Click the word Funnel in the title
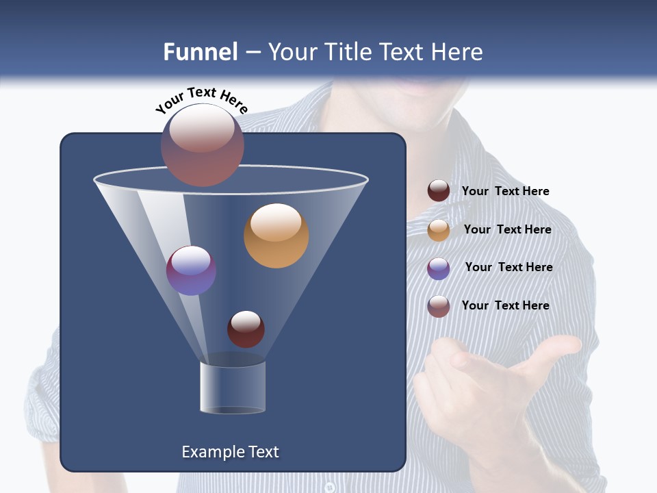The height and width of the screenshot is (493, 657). coord(201,52)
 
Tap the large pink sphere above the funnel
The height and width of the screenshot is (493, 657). coord(202,145)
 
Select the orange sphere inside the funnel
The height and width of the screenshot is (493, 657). coord(276,236)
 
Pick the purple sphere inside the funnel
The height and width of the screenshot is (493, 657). coord(191,270)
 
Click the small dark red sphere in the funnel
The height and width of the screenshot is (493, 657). coord(246,329)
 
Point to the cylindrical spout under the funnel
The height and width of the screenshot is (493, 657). coord(233,388)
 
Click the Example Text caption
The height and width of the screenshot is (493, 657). coord(230,452)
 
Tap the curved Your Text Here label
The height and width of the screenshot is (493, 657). coord(202,99)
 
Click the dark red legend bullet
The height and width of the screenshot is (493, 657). coord(439,191)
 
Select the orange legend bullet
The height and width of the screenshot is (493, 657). coord(439,230)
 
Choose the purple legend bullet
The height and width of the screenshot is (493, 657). coord(439,268)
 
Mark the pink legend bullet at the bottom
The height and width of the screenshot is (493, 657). coord(439,306)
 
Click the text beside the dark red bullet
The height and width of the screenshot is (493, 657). coord(505,191)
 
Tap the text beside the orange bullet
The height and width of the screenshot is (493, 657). coord(507,229)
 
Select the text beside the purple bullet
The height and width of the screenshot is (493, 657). coord(508,267)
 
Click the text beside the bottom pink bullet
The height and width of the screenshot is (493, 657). coord(505,305)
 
